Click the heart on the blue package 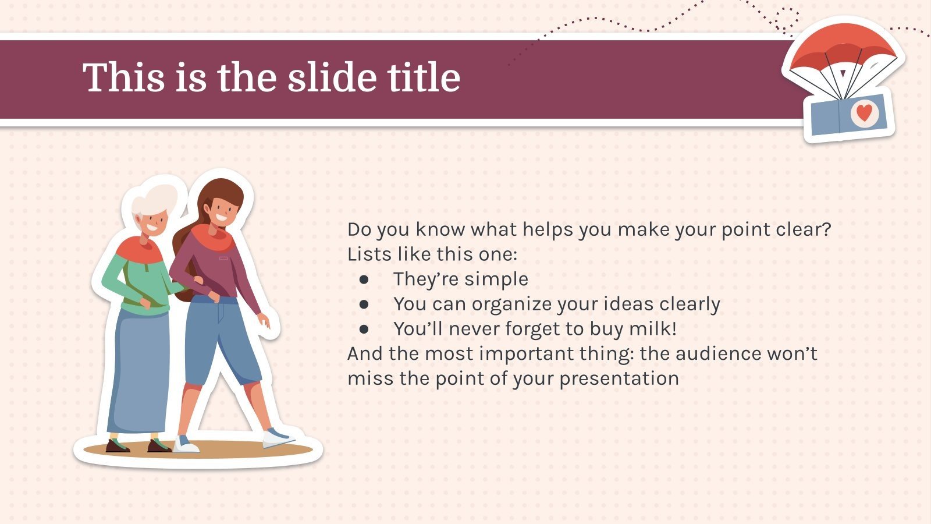pyautogui.click(x=865, y=113)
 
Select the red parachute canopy pyautogui.click(x=843, y=47)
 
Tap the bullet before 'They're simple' pyautogui.click(x=364, y=279)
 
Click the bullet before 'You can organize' pyautogui.click(x=364, y=305)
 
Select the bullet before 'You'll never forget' pyautogui.click(x=364, y=330)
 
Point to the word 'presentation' pyautogui.click(x=619, y=379)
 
